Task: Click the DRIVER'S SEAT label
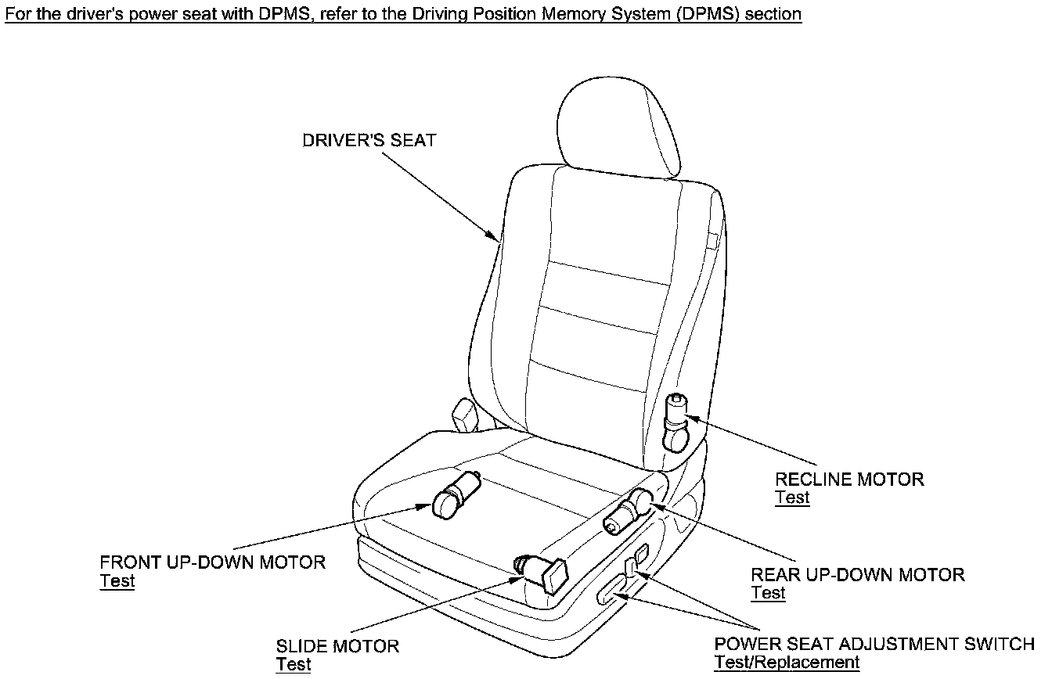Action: click(x=369, y=141)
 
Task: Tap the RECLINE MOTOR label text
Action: click(x=849, y=479)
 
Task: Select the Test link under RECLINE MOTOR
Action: click(x=791, y=498)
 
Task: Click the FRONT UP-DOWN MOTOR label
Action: click(x=212, y=562)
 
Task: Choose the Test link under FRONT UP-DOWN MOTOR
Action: click(x=117, y=581)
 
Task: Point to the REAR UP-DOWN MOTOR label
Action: click(x=857, y=575)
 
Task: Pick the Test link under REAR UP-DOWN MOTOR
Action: click(x=768, y=593)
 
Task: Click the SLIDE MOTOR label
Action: click(x=337, y=646)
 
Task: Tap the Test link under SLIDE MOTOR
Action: click(x=293, y=665)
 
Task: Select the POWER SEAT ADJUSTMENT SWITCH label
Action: click(x=874, y=644)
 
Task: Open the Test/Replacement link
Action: click(x=787, y=663)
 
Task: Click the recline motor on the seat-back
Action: click(x=676, y=423)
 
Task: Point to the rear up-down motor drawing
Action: click(x=632, y=510)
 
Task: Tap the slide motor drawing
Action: click(x=542, y=573)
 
